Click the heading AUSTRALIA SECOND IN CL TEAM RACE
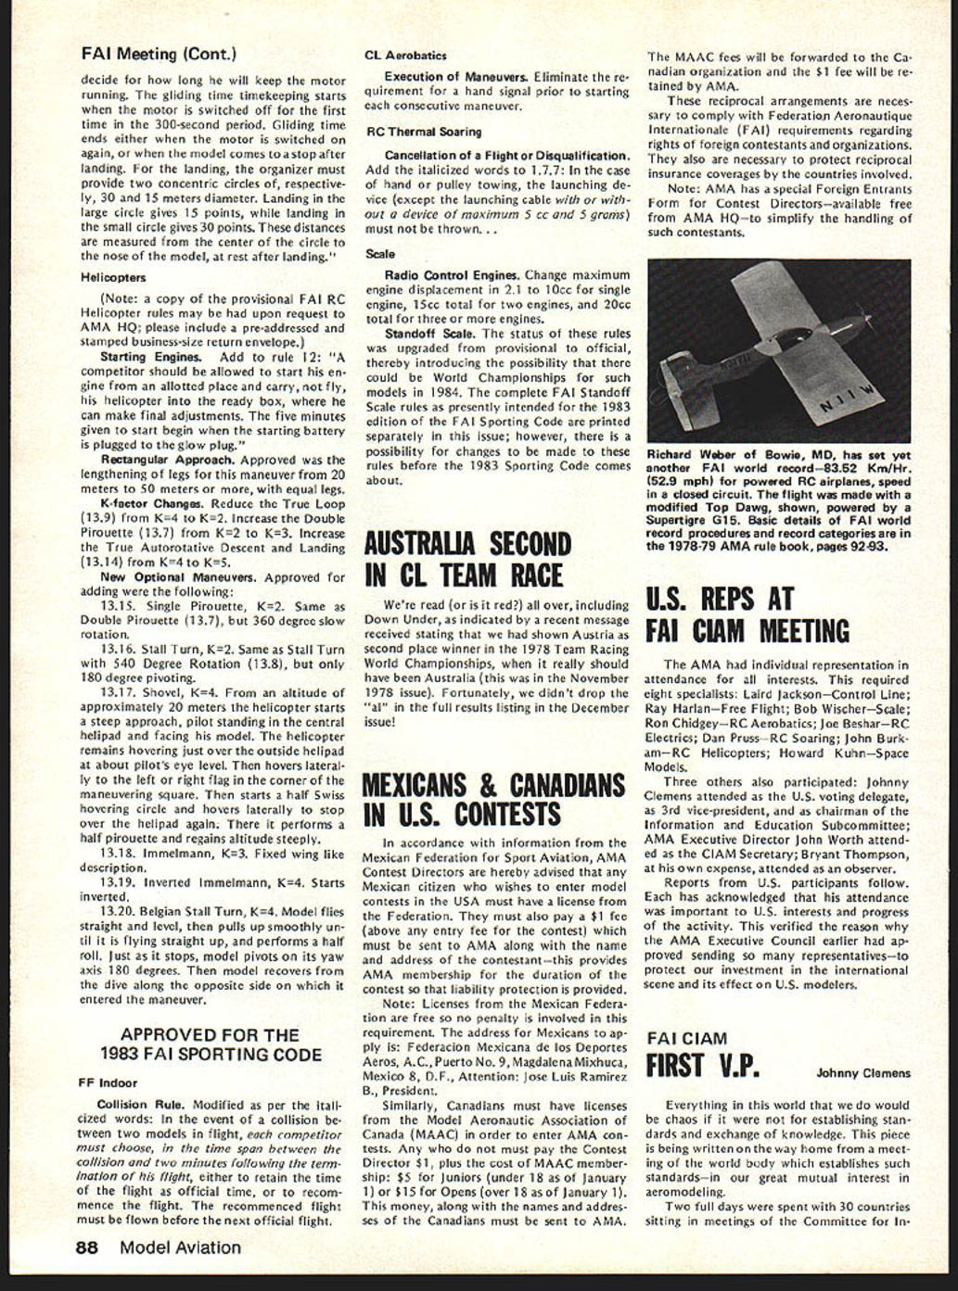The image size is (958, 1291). tap(467, 559)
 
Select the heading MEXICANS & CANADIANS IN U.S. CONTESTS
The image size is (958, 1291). tap(492, 799)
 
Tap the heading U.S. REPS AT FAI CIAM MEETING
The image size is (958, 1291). tap(747, 614)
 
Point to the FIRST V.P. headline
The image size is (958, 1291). tap(702, 1066)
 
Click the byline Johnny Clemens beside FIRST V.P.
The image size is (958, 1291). tap(862, 1073)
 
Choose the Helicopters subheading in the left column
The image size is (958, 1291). tap(113, 277)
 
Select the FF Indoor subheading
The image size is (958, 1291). tap(108, 1082)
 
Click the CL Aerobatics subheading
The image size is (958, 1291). tap(405, 56)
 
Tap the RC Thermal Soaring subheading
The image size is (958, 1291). tap(423, 132)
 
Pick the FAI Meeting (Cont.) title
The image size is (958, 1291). tap(159, 54)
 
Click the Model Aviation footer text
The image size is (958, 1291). tap(180, 1247)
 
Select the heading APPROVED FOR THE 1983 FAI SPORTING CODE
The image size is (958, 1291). tap(211, 1044)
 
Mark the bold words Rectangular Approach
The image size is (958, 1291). tap(167, 460)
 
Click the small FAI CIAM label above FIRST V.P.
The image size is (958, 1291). tap(686, 1038)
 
